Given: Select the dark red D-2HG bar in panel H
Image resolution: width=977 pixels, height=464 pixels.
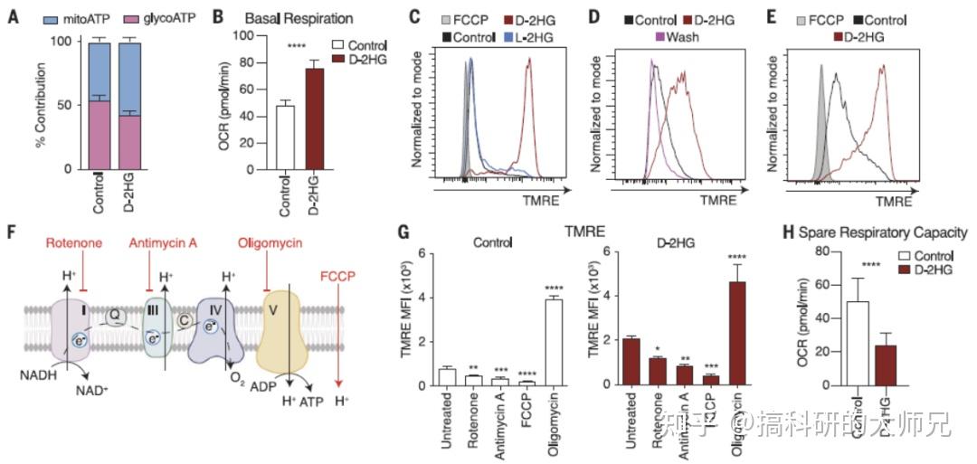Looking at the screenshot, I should [887, 365].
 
